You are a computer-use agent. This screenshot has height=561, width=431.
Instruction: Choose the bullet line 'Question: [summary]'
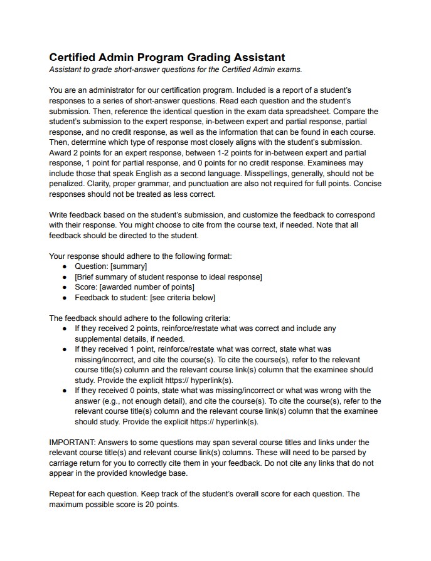(110, 266)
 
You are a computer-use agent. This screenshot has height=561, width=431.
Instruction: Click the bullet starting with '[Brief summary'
(168, 276)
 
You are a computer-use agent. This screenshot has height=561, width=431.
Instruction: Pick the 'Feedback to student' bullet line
(145, 297)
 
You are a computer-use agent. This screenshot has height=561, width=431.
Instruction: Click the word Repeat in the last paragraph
(62, 493)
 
